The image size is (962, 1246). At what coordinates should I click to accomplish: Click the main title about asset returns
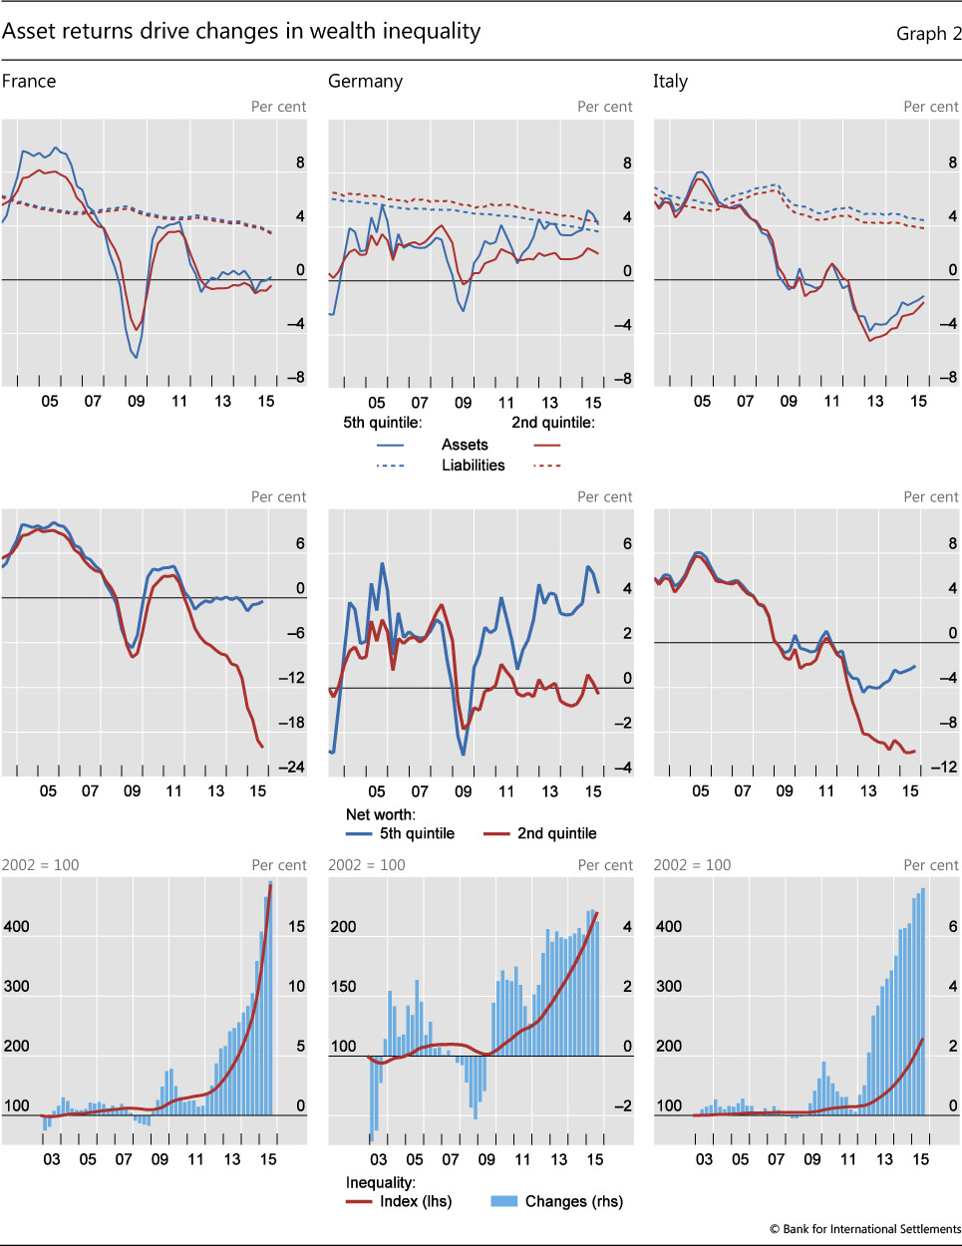[241, 32]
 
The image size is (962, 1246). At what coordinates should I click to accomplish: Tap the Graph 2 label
[928, 34]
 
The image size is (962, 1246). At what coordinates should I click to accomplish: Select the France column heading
[29, 82]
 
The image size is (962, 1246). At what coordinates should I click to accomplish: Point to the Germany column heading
[365, 82]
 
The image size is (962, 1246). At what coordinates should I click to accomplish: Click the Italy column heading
[670, 82]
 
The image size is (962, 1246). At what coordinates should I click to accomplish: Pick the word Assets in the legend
[465, 445]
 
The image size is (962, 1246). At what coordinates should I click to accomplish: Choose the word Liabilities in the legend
[473, 466]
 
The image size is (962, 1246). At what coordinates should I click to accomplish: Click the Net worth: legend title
[380, 814]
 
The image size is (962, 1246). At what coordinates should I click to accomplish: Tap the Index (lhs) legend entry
[416, 1201]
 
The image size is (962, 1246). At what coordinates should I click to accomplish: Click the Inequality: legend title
[380, 1182]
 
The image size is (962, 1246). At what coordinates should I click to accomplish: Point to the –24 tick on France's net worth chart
[290, 768]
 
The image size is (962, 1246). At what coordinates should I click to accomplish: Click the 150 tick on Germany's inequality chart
[343, 987]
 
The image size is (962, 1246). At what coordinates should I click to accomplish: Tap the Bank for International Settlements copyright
[864, 1229]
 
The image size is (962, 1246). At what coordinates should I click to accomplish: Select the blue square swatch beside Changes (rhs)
[504, 1201]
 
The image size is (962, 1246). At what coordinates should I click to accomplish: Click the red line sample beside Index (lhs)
[359, 1201]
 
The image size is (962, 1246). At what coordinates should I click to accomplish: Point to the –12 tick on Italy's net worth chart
[943, 768]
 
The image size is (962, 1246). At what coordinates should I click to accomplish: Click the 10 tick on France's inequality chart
[296, 987]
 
